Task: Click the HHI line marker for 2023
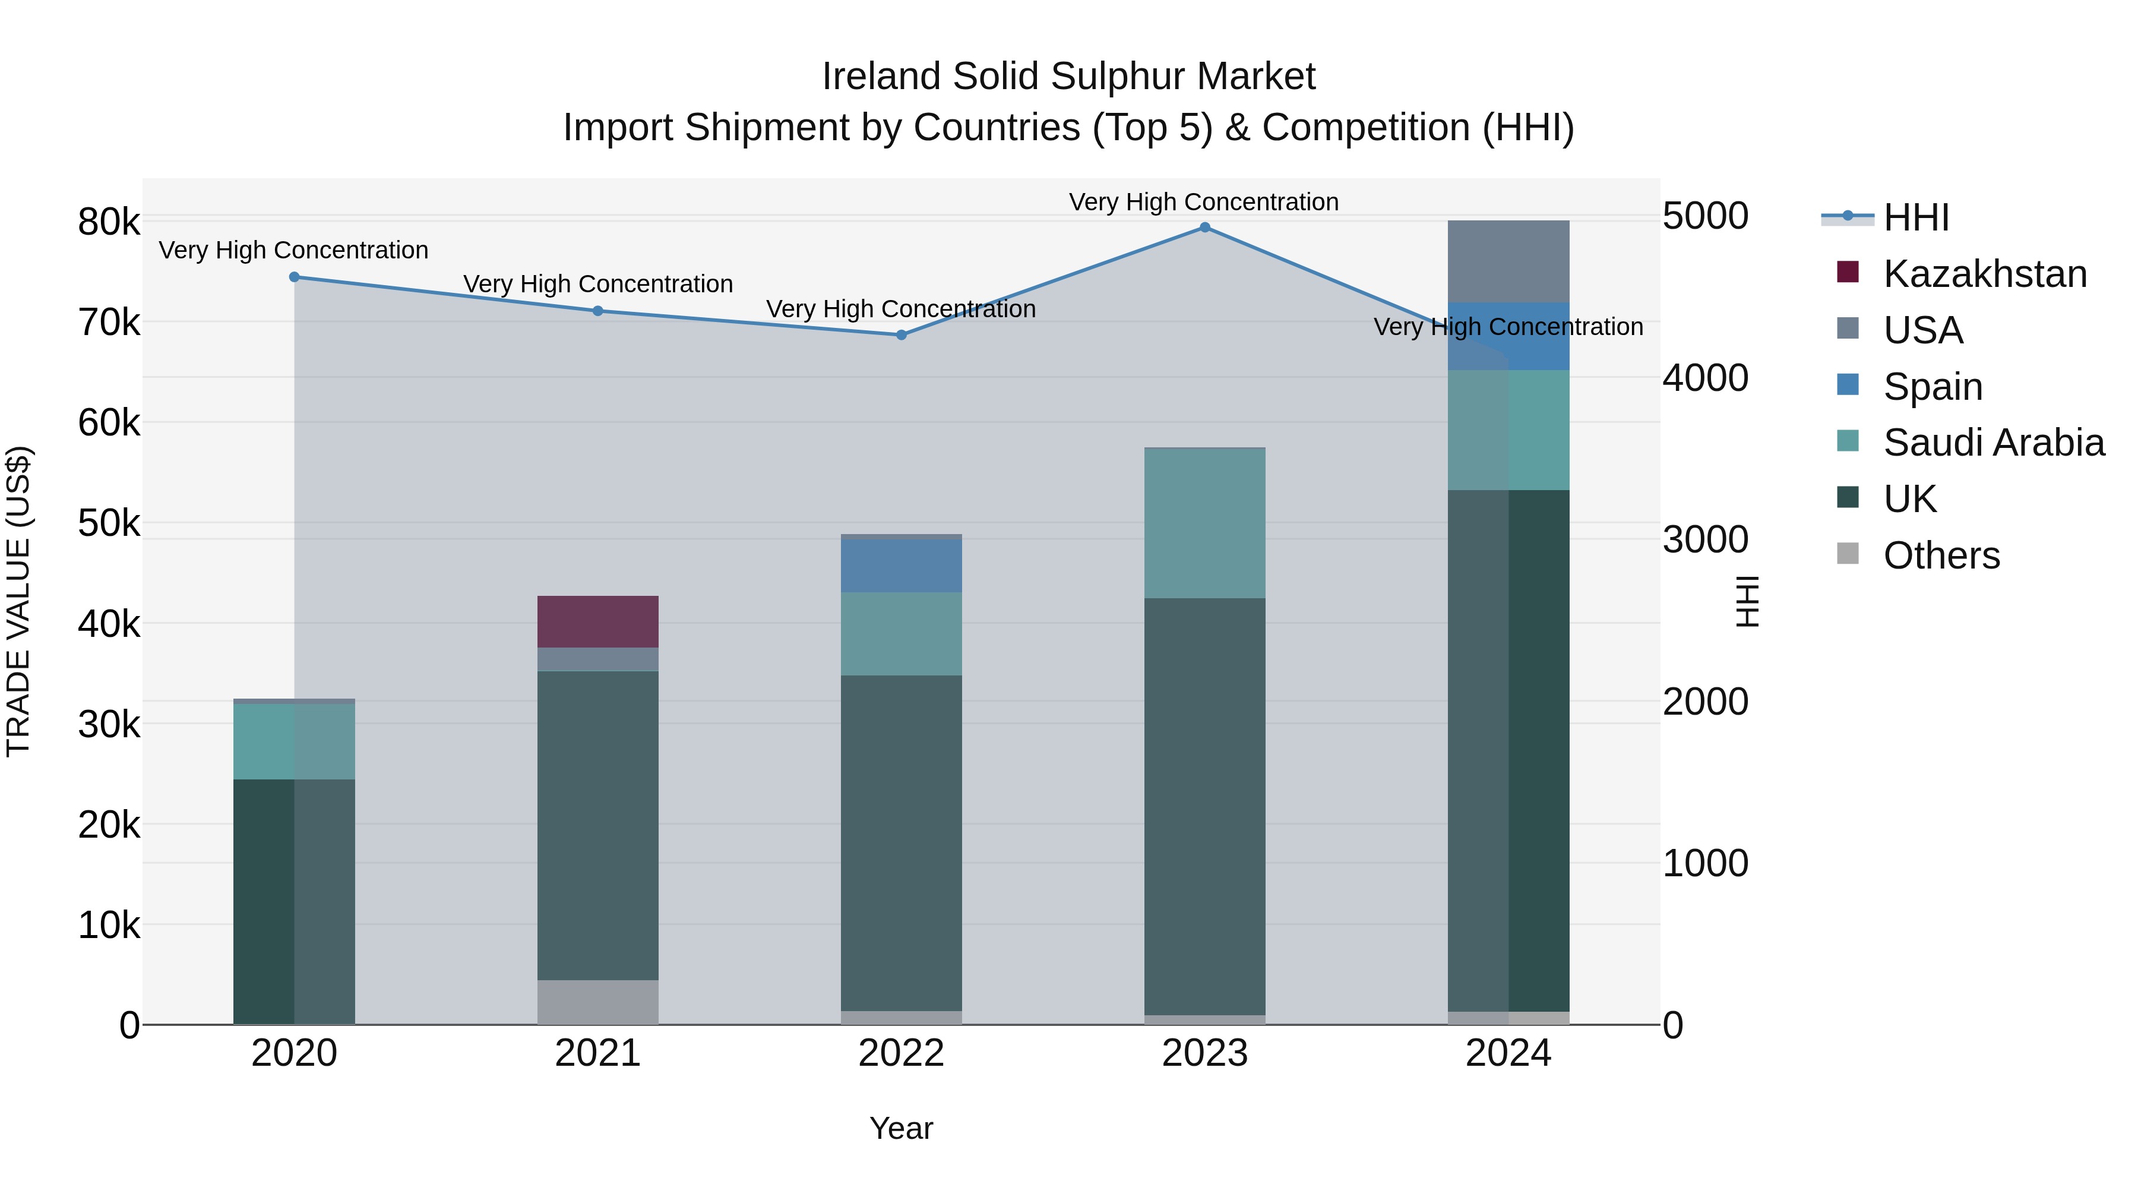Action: pyautogui.click(x=1204, y=228)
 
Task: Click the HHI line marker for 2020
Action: pyautogui.click(x=294, y=277)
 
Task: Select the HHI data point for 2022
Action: pyautogui.click(x=902, y=336)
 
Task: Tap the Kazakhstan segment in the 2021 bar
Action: pyautogui.click(x=597, y=622)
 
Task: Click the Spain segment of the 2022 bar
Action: pyautogui.click(x=902, y=566)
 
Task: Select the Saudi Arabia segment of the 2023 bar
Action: pyautogui.click(x=1204, y=523)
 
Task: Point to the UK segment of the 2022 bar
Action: pyautogui.click(x=902, y=842)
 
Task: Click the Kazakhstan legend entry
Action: pyautogui.click(x=1984, y=274)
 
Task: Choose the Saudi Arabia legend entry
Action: pyautogui.click(x=1992, y=443)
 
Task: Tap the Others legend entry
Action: pyautogui.click(x=1940, y=555)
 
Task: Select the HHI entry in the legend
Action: pyautogui.click(x=1915, y=217)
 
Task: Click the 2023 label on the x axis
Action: pyautogui.click(x=1204, y=1053)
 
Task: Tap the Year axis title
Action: pyautogui.click(x=902, y=1128)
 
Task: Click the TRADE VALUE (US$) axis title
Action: pyautogui.click(x=18, y=601)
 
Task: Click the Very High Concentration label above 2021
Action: pyautogui.click(x=597, y=284)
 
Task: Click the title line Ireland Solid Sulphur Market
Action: pyautogui.click(x=1068, y=77)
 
